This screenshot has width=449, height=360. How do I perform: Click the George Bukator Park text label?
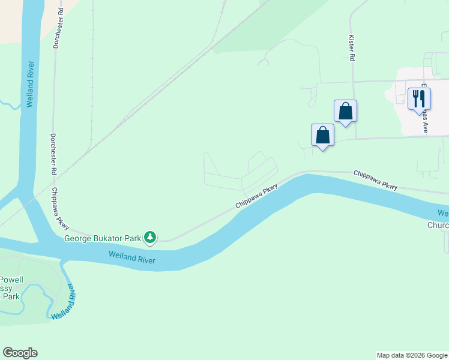[x=103, y=238]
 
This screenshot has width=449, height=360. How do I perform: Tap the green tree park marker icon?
[x=150, y=238]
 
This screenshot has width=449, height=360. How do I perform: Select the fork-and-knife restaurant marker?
[x=419, y=98]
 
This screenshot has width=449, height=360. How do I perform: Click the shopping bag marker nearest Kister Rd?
[x=345, y=112]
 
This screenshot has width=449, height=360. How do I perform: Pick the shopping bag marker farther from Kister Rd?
[x=322, y=135]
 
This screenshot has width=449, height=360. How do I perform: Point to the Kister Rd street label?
[x=352, y=46]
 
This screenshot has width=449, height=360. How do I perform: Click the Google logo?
[x=20, y=353]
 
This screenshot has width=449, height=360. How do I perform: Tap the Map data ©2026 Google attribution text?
[x=412, y=355]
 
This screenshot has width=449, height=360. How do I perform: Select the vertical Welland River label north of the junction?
[x=30, y=83]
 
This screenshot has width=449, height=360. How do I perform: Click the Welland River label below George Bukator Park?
[x=132, y=258]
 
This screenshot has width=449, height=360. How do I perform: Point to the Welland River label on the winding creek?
[x=66, y=301]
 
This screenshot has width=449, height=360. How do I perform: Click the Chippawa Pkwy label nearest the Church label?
[x=375, y=180]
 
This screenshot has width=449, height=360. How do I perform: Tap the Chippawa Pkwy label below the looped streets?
[x=258, y=196]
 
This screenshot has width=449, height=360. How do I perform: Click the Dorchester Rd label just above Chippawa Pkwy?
[x=53, y=154]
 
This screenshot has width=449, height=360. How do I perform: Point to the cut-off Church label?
[x=438, y=226]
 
